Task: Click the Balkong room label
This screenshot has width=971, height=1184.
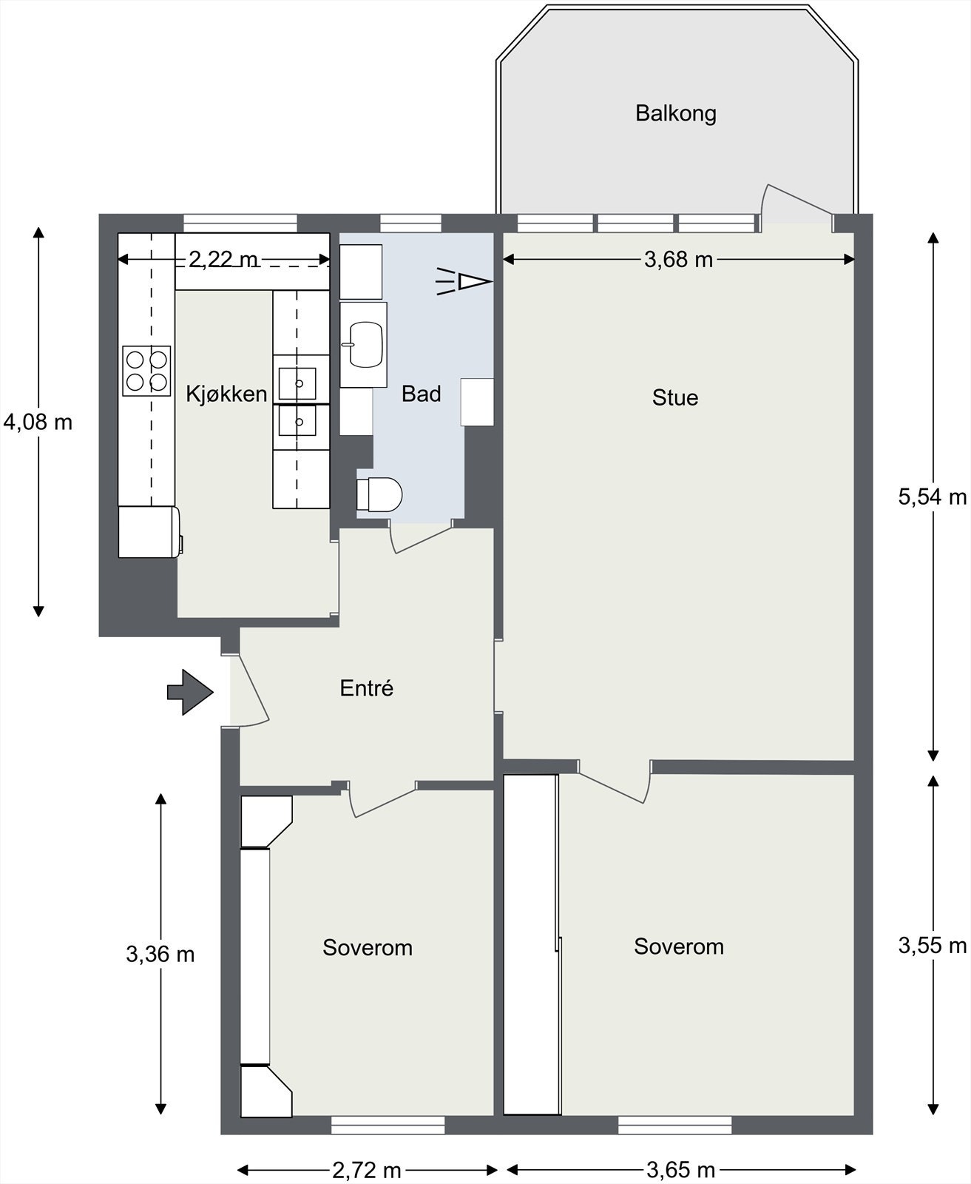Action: (675, 114)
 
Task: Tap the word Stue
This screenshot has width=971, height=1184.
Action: (675, 398)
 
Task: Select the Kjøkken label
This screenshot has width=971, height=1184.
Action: (226, 394)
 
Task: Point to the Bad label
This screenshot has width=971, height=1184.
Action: (422, 394)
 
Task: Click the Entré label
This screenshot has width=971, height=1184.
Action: (366, 688)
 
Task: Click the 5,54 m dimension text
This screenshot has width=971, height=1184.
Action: (933, 497)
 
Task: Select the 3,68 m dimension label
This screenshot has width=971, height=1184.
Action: (678, 260)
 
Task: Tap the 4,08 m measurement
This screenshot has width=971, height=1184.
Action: (38, 423)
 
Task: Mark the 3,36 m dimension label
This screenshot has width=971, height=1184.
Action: (160, 955)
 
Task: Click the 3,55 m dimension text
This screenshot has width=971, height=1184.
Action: (933, 946)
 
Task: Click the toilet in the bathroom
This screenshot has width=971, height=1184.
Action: (380, 495)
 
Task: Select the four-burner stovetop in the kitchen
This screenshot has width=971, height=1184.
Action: (146, 371)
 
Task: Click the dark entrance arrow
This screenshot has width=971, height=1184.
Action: (190, 692)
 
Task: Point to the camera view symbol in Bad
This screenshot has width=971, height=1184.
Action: (464, 281)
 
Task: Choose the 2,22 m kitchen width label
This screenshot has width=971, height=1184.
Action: (224, 260)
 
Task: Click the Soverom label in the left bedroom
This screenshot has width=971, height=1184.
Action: (368, 948)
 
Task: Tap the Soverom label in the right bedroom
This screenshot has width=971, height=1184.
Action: (679, 946)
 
